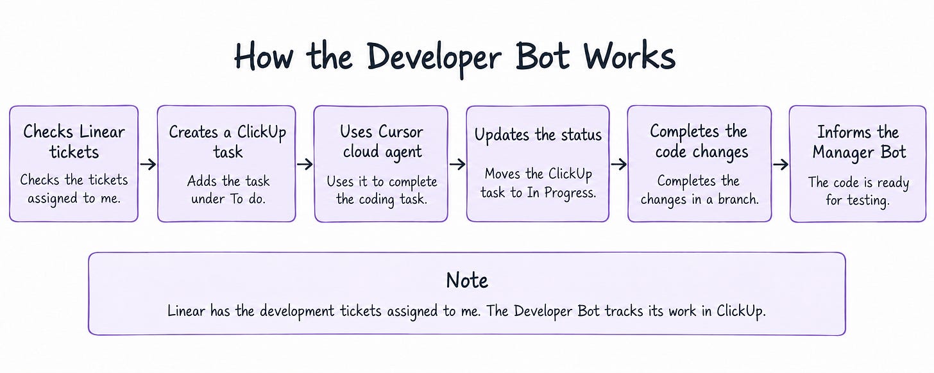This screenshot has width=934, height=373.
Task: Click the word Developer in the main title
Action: point(434,58)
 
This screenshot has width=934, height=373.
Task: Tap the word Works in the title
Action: point(630,56)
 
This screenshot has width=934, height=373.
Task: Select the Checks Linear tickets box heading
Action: point(74,142)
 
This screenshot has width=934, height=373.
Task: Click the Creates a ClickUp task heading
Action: point(228,142)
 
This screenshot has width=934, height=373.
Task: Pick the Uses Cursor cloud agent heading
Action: point(382,142)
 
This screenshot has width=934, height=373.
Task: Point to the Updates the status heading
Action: point(538,135)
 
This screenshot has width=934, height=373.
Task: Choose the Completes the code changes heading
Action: point(700,142)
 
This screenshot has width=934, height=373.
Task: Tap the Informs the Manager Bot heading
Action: point(859,142)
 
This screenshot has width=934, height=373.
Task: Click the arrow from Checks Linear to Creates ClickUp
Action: point(148,164)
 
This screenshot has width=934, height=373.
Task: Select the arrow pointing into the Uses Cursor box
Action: point(305,164)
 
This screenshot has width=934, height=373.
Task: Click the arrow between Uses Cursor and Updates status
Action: point(457,164)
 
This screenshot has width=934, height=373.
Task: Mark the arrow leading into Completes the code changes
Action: point(619,164)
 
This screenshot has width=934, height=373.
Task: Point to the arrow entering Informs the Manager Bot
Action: point(781,164)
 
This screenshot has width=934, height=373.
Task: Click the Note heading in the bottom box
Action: point(467,280)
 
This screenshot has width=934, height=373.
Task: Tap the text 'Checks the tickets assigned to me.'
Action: point(74,189)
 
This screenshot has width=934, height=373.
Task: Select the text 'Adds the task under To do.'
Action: point(228,190)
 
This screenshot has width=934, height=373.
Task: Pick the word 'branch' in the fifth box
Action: point(738,199)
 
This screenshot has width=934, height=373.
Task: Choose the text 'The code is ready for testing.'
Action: point(858,191)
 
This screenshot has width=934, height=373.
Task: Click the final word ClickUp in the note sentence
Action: point(741,311)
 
